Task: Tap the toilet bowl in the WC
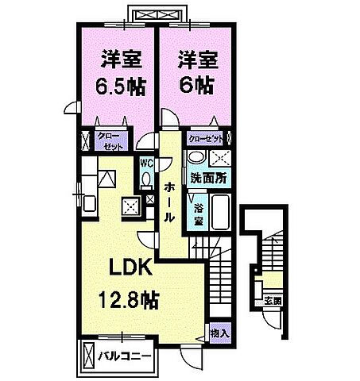coord(146,180)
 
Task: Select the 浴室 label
coord(198,214)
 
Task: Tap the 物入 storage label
coord(219,333)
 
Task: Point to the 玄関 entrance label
coord(272,302)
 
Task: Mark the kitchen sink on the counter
coord(88,202)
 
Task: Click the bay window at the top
coord(156,14)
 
